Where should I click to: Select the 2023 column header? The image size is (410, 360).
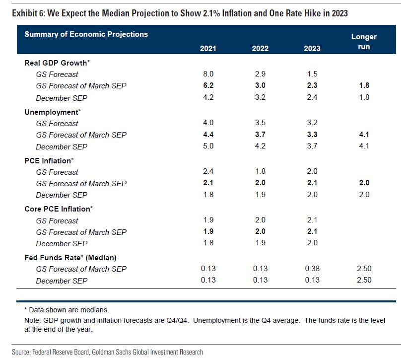[312, 48]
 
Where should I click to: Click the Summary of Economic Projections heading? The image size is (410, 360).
[86, 34]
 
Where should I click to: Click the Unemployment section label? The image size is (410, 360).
[52, 112]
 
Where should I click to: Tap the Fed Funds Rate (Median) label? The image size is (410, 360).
[70, 258]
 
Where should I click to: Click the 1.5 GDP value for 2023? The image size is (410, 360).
[312, 74]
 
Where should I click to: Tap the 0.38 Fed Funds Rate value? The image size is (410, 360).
[312, 269]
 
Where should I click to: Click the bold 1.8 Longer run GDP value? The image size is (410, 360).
[364, 85]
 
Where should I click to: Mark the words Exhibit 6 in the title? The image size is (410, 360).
[27, 13]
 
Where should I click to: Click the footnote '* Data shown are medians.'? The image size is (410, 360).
[63, 310]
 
